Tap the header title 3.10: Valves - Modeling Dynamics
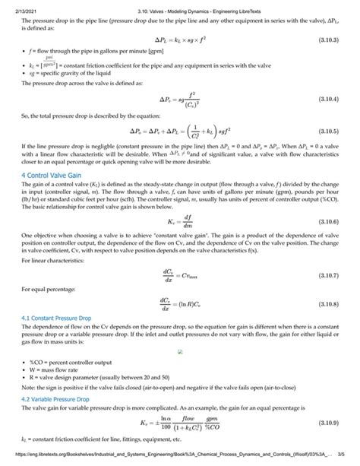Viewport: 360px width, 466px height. click(179, 5)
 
